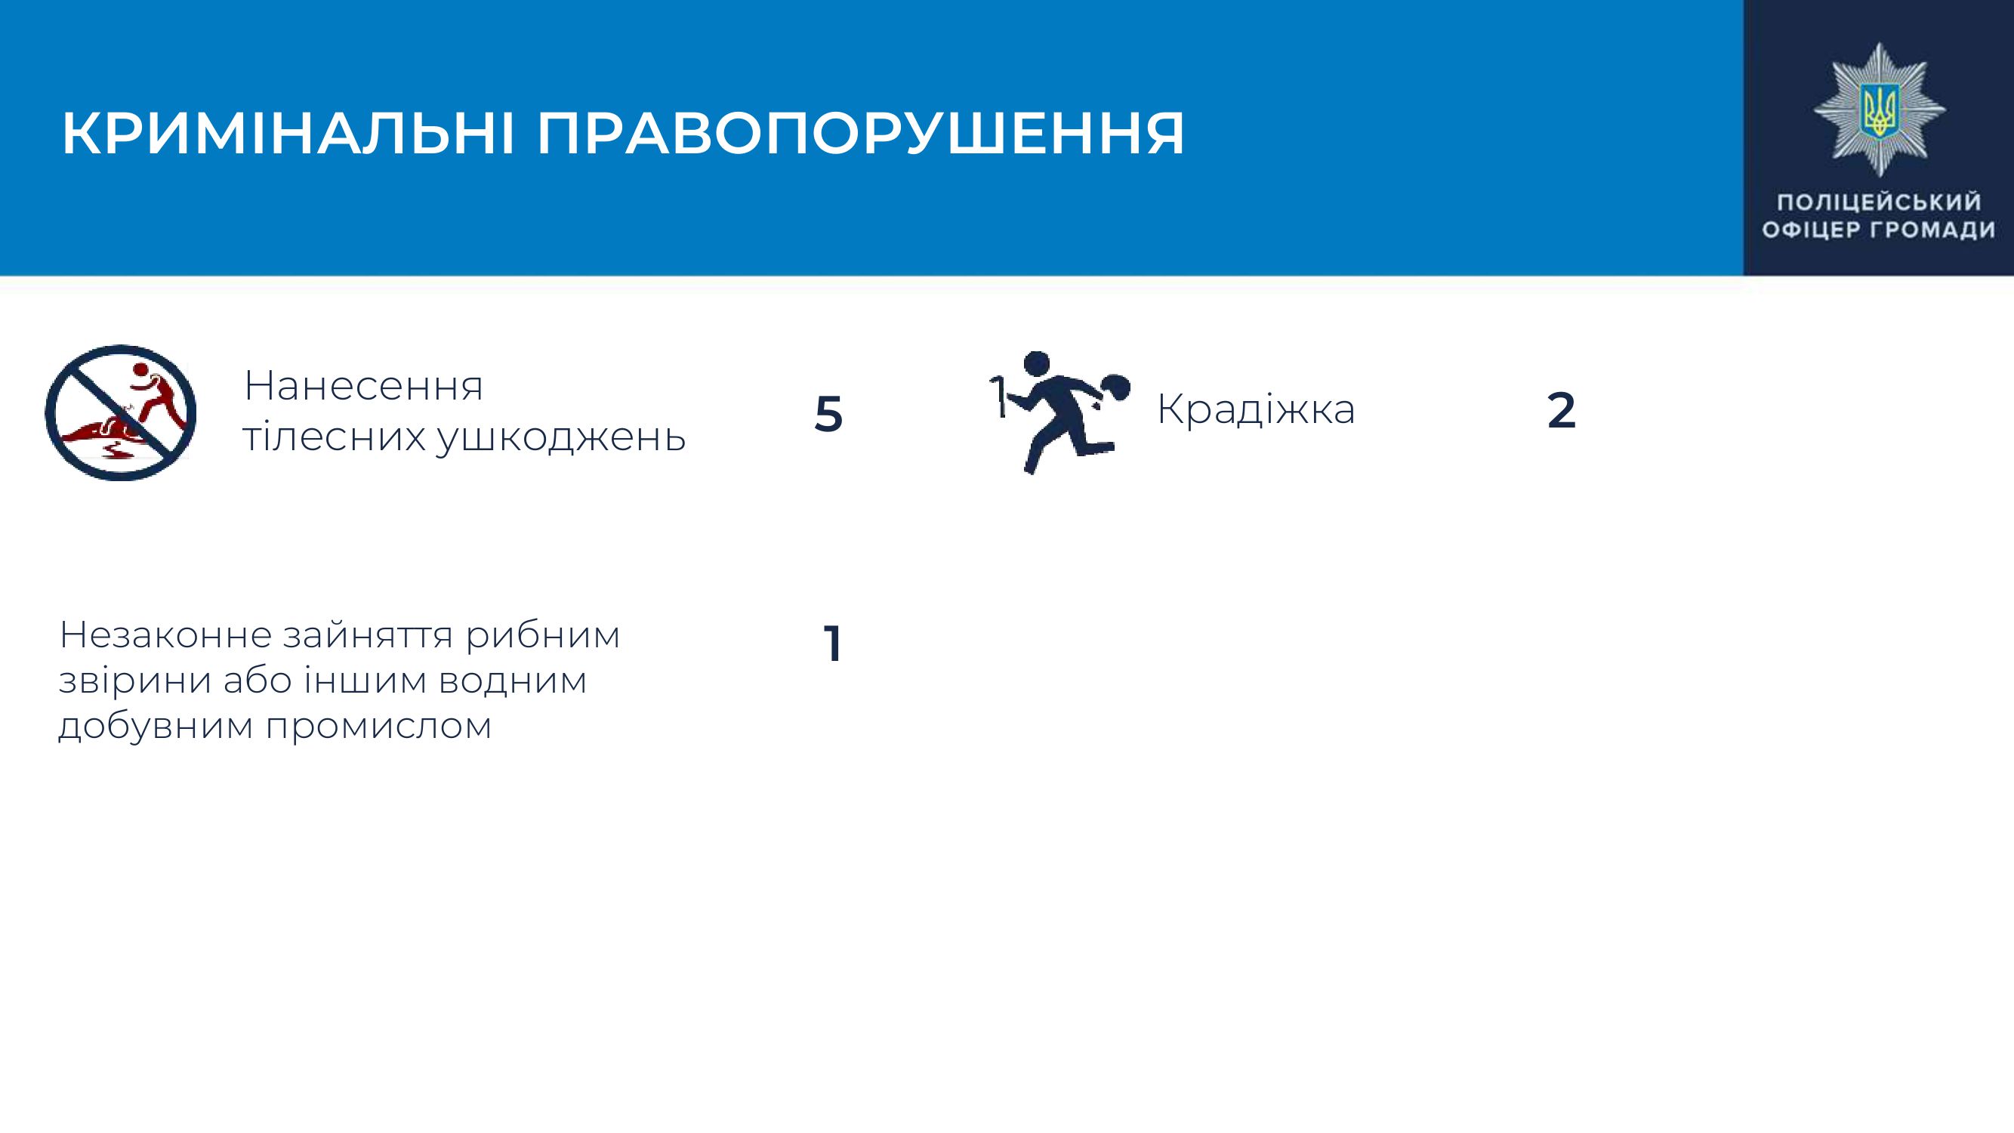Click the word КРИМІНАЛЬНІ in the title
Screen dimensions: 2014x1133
288,134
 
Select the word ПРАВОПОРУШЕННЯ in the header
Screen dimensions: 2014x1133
861,134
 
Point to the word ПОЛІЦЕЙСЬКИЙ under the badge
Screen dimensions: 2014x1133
1880,202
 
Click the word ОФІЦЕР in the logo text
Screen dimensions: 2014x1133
1809,230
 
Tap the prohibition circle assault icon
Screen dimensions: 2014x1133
120,412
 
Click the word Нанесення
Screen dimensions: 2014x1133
363,386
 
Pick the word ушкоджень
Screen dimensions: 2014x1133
560,437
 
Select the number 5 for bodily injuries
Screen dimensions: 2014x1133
828,414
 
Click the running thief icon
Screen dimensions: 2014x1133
1059,412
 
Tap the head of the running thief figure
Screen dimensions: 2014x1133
1036,364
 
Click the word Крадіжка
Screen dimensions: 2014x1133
1256,409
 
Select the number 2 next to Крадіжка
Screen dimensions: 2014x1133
1562,410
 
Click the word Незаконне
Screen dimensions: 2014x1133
164,636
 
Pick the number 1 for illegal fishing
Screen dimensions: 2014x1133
832,644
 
